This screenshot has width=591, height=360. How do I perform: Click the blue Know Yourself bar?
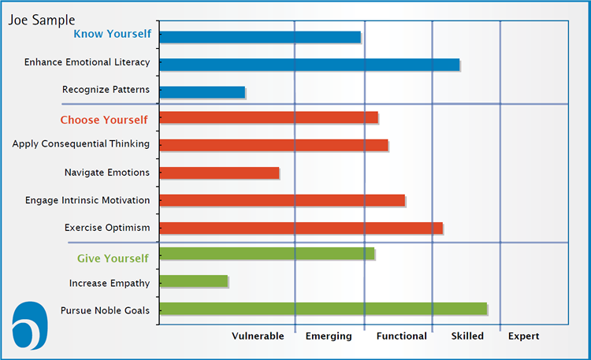260,37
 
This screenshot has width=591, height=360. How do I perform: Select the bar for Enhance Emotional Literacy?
310,65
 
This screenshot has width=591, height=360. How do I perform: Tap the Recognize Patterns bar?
203,92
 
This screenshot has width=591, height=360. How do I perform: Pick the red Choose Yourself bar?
269,117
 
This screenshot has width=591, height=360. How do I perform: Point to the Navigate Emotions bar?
219,173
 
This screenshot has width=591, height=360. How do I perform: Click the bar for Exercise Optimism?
301,228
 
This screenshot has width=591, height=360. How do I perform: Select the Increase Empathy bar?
194,281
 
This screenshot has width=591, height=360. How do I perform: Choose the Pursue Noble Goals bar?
323,309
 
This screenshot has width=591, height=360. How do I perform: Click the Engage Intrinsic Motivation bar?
282,201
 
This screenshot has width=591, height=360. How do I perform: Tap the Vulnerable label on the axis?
258,336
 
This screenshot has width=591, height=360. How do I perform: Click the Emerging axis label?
329,336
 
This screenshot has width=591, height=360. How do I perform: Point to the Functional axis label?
401,336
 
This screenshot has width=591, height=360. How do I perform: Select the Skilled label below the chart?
467,336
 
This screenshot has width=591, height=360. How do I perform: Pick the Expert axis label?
523,336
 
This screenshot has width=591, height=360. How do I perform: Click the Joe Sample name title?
42,20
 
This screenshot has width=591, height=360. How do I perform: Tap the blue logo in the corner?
30,325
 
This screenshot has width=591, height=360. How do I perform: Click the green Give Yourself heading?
113,258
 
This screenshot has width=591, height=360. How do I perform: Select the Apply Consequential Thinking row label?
80,144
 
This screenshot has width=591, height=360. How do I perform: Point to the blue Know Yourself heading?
113,34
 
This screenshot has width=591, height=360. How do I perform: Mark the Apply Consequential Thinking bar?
273,145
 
